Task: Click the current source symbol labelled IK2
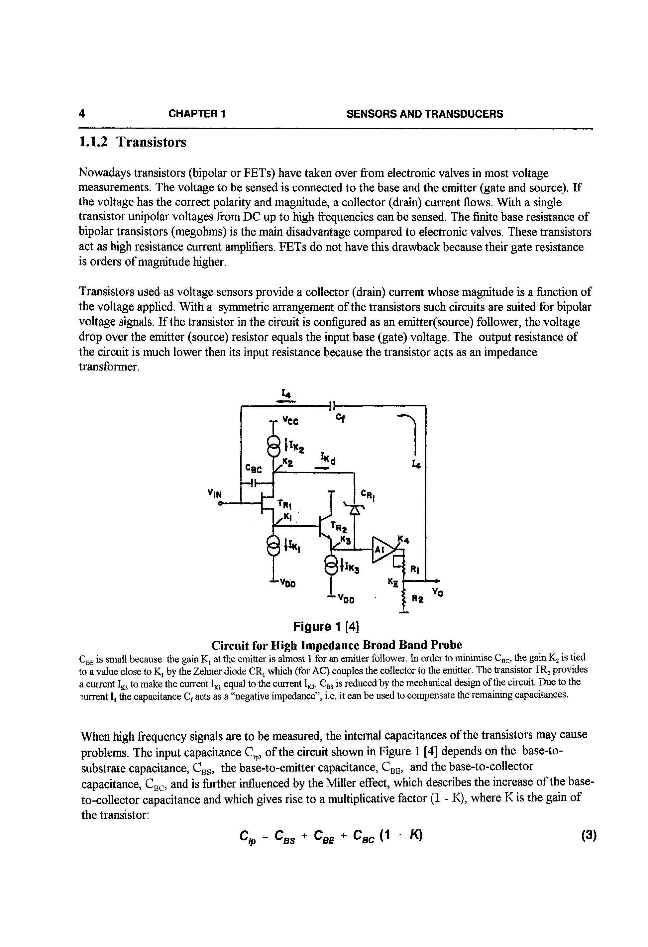point(273,446)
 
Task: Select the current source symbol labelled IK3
point(331,566)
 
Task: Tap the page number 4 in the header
point(82,114)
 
